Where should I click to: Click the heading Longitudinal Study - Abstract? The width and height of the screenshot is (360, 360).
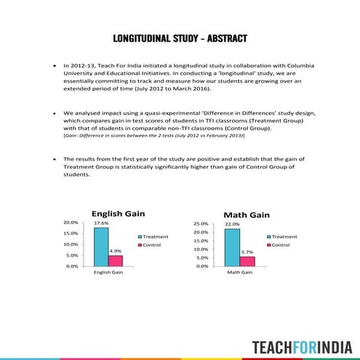(x=180, y=38)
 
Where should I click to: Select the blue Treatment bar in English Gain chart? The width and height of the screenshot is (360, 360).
(x=101, y=247)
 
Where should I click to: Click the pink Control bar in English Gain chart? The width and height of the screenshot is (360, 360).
(x=116, y=260)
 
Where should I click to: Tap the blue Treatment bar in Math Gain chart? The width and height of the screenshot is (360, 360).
(x=232, y=247)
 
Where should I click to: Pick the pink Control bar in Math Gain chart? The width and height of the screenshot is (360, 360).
(x=247, y=260)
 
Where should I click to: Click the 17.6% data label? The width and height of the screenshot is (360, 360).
(x=101, y=223)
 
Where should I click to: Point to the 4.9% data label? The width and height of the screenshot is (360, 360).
(x=115, y=251)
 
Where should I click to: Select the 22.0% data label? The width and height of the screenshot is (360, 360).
(x=232, y=224)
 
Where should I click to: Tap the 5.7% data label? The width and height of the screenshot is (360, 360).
(x=247, y=252)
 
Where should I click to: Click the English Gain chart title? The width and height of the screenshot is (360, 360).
(x=118, y=214)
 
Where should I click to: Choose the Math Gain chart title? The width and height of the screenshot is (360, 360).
(x=246, y=215)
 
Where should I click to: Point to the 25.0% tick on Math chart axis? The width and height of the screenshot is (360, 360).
(x=200, y=223)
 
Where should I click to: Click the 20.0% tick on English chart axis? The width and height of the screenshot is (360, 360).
(x=71, y=223)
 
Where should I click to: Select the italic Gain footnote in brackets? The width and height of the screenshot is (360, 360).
(x=153, y=135)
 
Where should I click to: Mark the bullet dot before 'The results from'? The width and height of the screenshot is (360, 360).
(x=55, y=159)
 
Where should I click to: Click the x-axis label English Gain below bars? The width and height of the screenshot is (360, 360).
(x=108, y=272)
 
